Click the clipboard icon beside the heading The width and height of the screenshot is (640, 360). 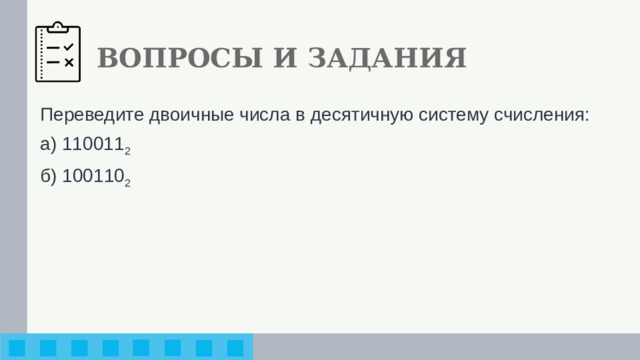(58, 52)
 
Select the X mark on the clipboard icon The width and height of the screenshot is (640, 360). (69, 63)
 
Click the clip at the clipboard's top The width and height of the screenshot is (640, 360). (58, 24)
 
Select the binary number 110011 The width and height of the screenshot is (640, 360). (92, 144)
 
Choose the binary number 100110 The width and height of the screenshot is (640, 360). (92, 175)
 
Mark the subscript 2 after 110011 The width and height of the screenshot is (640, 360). (127, 150)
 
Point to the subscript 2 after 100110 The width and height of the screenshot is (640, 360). (127, 181)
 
